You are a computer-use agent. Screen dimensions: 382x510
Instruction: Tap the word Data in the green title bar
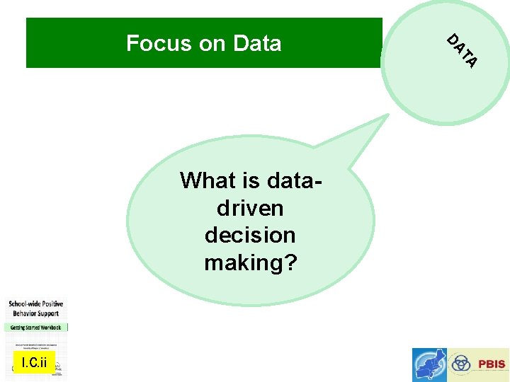256,44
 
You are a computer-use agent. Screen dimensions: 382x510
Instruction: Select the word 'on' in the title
212,44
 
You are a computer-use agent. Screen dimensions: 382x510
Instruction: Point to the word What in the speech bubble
209,181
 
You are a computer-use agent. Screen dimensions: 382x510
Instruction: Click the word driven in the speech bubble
250,209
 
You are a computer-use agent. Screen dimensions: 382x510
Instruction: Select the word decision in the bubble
250,235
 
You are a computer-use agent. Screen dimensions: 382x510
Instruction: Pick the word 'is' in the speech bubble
251,181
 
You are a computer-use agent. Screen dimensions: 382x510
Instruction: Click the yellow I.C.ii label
33,363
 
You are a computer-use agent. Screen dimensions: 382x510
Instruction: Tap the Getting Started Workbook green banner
35,328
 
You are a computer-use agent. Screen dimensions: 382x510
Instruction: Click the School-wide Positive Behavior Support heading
35,308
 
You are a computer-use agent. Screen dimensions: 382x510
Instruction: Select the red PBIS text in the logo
492,364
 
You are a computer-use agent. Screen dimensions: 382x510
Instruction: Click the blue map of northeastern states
430,365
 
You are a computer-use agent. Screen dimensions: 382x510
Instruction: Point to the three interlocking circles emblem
462,364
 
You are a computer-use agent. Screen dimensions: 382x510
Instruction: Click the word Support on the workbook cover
45,313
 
